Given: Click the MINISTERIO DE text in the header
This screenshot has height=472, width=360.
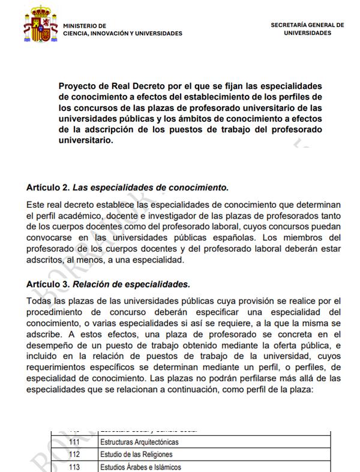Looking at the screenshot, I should click(84, 26).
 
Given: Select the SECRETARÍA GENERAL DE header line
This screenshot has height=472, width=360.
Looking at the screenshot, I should click(307, 25).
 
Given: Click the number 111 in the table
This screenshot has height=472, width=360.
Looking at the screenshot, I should click(74, 442).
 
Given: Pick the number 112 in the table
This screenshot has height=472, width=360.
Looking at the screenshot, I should click(74, 455).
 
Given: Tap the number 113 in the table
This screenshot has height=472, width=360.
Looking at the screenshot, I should click(74, 467).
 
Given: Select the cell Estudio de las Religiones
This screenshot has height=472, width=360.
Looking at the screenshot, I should click(136, 455).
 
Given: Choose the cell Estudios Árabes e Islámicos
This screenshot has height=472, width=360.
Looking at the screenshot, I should click(140, 467).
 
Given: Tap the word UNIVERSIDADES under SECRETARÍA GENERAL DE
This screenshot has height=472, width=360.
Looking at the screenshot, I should click(307, 34).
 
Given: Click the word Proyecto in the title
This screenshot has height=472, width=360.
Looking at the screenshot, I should click(79, 86).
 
